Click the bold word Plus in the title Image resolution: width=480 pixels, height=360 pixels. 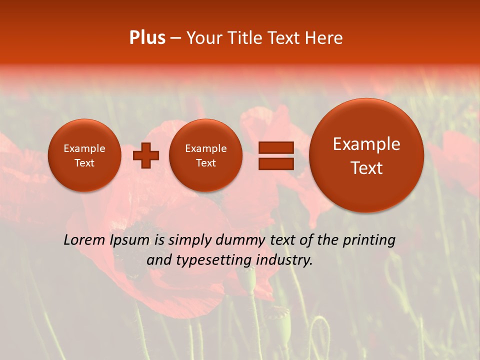147,38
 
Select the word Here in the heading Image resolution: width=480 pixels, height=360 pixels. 324,38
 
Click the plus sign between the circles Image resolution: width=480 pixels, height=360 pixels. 146,155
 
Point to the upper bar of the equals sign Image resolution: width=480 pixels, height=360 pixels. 276,147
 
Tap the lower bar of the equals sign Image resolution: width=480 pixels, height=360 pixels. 276,163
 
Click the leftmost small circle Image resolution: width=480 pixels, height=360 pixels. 84,155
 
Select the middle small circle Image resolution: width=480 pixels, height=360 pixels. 205,155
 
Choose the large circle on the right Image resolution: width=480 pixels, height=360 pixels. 366,155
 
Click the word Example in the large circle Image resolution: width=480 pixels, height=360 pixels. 366,144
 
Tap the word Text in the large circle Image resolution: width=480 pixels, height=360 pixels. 366,168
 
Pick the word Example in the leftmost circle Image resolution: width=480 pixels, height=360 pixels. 84,148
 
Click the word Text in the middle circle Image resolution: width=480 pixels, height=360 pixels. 205,163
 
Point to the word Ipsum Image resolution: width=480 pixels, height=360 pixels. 129,240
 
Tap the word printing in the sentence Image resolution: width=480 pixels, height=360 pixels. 369,240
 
